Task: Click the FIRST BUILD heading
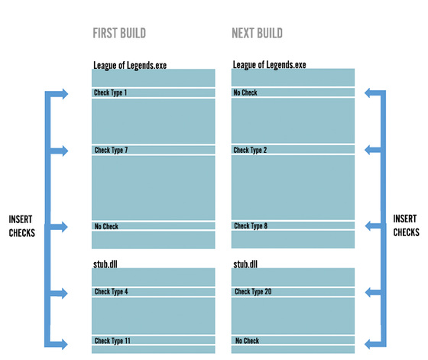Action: [119, 34]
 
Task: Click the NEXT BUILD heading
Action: [257, 34]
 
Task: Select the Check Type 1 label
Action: [110, 92]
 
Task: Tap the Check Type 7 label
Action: [111, 150]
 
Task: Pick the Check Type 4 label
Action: [111, 292]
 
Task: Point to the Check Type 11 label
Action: [112, 341]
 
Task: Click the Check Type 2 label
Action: [250, 150]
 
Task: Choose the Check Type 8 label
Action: [251, 225]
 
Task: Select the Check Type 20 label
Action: [253, 292]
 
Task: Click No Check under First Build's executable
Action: [106, 226]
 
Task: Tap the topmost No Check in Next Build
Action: [245, 92]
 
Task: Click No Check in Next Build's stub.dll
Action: [247, 341]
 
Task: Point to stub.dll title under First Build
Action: [105, 264]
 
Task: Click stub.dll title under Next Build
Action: [245, 264]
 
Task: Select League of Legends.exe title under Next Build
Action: [269, 65]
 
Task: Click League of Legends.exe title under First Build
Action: [130, 66]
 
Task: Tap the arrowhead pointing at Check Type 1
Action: [65, 94]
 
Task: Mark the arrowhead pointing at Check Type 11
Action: [65, 344]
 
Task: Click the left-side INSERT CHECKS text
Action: [22, 226]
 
